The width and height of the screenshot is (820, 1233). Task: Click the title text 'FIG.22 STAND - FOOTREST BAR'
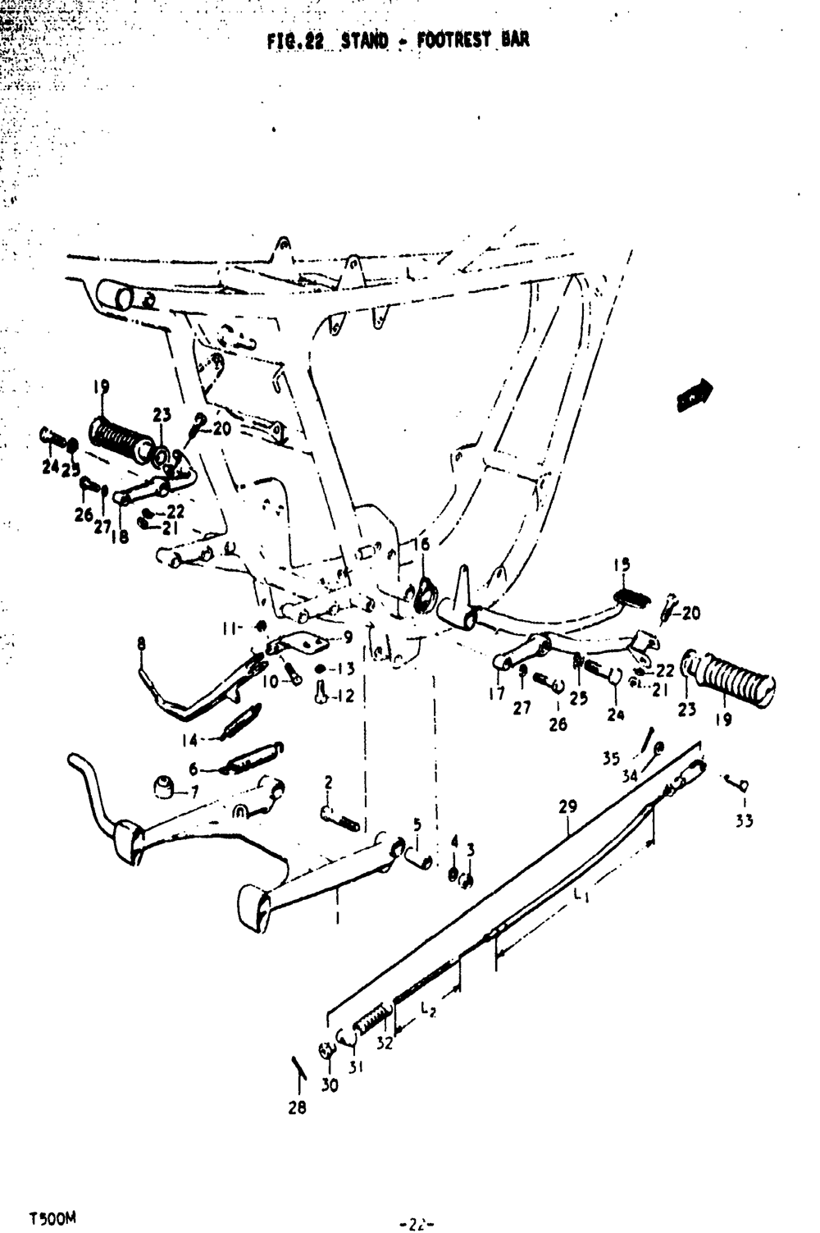[398, 39]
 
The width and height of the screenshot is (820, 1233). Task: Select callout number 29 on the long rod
[568, 807]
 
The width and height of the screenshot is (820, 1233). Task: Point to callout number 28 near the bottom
[297, 1107]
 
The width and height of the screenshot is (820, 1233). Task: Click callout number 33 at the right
[744, 821]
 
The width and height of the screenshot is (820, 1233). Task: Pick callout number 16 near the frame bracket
[421, 545]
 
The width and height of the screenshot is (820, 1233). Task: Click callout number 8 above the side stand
[141, 645]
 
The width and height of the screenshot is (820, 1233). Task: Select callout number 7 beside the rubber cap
[194, 792]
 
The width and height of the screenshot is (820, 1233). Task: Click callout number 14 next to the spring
[190, 740]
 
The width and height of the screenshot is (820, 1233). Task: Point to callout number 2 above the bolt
[328, 782]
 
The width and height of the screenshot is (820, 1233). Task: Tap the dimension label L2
[427, 1011]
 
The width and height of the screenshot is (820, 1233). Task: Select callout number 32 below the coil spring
[385, 1044]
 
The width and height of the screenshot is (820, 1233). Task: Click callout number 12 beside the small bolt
[345, 696]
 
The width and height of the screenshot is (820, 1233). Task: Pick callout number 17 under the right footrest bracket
[497, 694]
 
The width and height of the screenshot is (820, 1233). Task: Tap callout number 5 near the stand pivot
[417, 824]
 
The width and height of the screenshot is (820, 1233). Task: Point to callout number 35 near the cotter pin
[612, 759]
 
